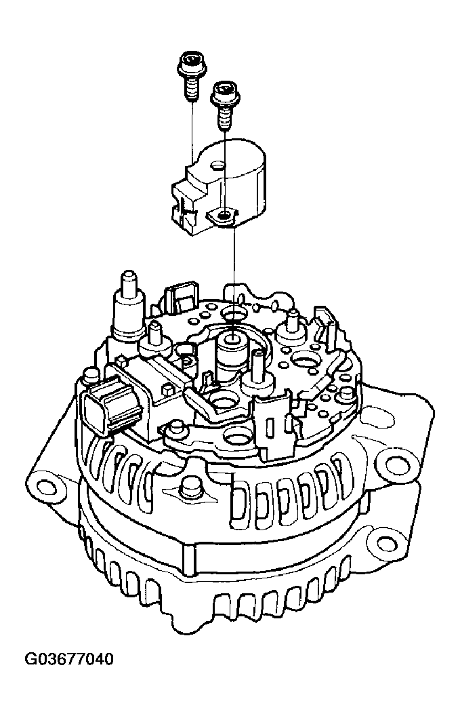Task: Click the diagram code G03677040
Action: (69, 660)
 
